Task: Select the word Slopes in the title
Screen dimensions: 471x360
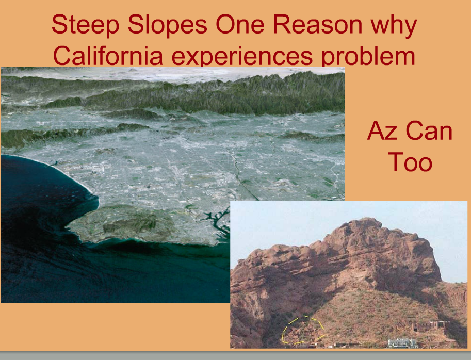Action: click(168, 25)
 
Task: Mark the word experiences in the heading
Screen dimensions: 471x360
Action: click(242, 56)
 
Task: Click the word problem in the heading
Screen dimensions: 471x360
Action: click(368, 56)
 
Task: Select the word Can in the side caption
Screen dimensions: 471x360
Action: click(429, 130)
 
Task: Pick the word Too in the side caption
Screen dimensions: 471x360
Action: click(410, 161)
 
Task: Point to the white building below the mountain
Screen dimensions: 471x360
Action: click(402, 343)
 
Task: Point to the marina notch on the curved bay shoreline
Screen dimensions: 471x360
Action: click(54, 163)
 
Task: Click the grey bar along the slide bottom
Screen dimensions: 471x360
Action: click(235, 356)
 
